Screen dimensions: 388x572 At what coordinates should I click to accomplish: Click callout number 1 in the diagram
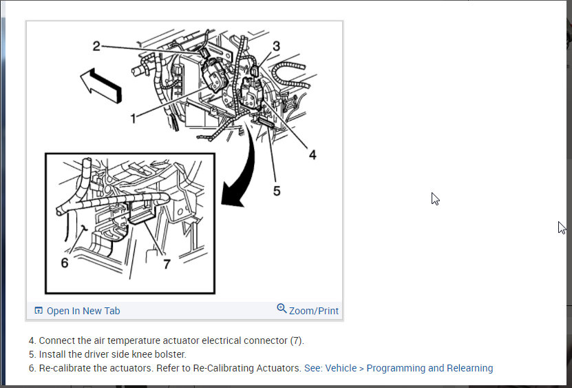134,118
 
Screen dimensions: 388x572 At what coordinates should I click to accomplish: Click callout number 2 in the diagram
97,46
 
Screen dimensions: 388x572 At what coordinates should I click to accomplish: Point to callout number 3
276,46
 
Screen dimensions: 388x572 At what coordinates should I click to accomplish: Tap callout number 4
313,155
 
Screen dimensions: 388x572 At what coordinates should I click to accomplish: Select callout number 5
277,191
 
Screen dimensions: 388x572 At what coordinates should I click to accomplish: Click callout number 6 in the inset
65,263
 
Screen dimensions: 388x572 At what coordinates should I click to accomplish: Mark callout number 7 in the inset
166,264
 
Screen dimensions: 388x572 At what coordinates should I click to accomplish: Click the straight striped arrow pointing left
100,85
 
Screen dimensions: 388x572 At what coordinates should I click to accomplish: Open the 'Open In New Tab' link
83,311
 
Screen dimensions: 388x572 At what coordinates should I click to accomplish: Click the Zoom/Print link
314,311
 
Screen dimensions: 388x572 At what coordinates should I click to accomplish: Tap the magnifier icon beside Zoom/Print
282,309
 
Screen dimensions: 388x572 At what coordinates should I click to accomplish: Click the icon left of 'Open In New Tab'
39,311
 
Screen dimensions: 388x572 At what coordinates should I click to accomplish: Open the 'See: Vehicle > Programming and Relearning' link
399,368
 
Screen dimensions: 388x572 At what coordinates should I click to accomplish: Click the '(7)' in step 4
296,340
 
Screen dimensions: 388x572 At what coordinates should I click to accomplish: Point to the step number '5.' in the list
32,354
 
